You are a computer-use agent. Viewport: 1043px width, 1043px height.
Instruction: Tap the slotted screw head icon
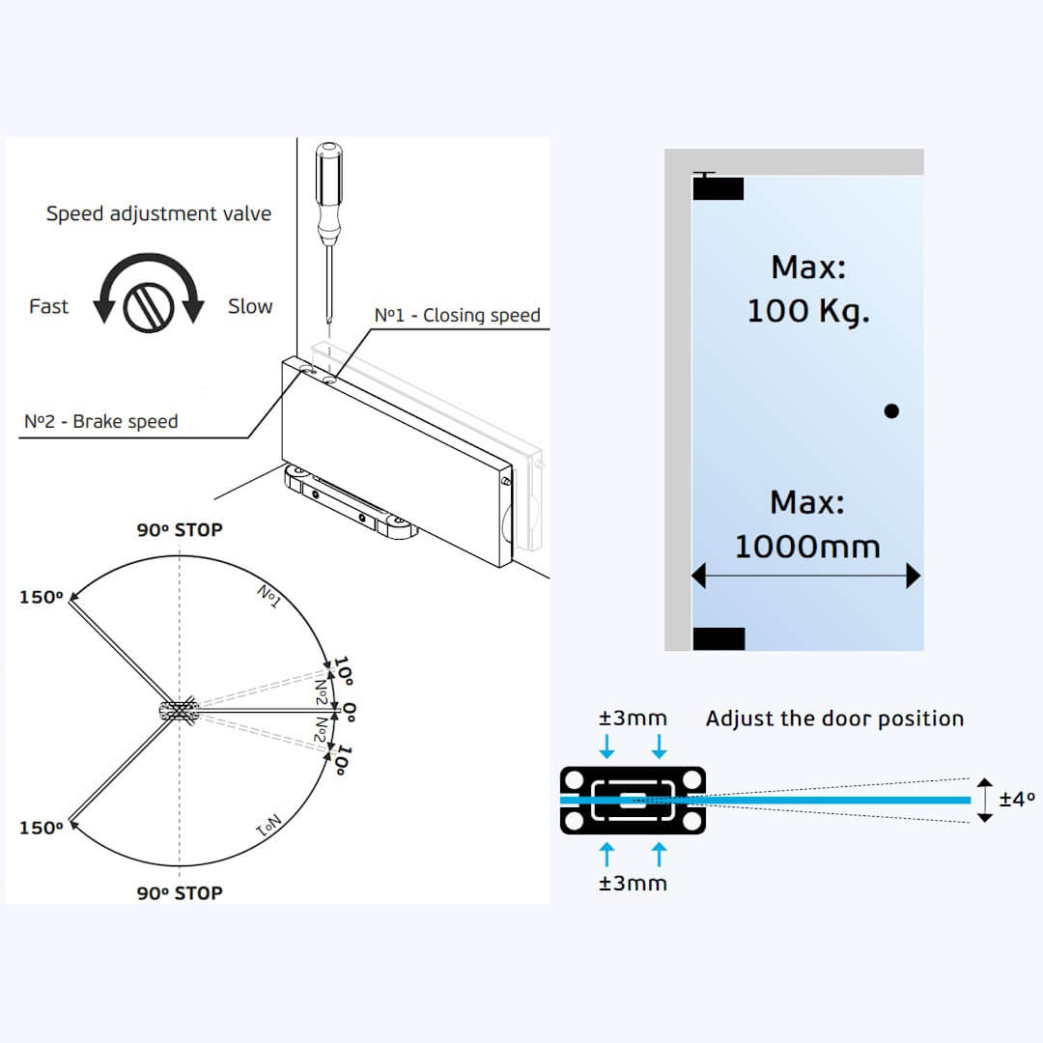[x=148, y=306]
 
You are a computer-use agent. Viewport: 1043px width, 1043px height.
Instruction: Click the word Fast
[x=48, y=306]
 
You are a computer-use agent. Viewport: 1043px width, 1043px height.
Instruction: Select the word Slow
[x=250, y=306]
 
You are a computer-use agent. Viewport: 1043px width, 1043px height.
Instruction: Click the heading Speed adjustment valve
[x=158, y=213]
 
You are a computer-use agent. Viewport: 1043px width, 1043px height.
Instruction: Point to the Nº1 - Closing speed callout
[x=457, y=316]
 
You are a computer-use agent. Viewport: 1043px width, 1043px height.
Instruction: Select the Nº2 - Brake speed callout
[x=100, y=422]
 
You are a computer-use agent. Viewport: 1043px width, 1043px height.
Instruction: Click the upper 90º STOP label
[x=179, y=530]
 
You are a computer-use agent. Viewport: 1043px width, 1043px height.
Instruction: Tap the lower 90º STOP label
[x=179, y=892]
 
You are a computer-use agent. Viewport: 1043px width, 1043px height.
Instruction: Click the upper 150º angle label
[x=41, y=597]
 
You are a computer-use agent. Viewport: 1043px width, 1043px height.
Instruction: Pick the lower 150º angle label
[x=41, y=828]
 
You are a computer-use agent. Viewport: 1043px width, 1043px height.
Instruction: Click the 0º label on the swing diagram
[x=349, y=712]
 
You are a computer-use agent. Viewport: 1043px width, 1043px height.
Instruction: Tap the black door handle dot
[x=891, y=410]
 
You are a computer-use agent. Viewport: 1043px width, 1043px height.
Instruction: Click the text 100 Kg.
[x=807, y=311]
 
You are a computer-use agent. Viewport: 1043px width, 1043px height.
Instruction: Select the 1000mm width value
[x=807, y=547]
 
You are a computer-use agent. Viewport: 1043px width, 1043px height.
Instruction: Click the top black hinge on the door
[x=719, y=189]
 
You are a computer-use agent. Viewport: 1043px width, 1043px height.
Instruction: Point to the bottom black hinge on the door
[x=719, y=638]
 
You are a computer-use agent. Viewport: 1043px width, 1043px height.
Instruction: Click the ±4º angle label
[x=1017, y=800]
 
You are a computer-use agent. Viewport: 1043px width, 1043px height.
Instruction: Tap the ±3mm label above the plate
[x=633, y=719]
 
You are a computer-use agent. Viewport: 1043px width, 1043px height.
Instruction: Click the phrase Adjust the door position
[x=834, y=719]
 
